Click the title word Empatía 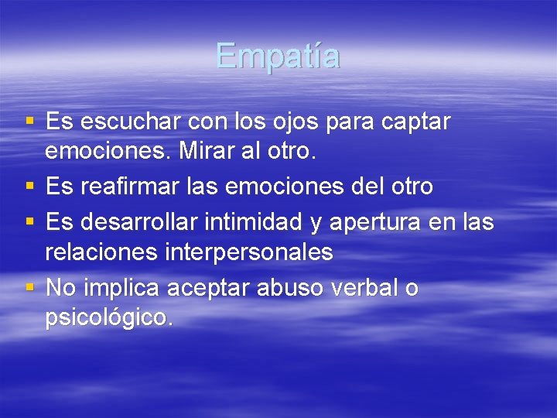tap(278, 56)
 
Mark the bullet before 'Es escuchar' tap(29, 122)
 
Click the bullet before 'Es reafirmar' tap(29, 187)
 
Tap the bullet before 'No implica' tap(29, 288)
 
